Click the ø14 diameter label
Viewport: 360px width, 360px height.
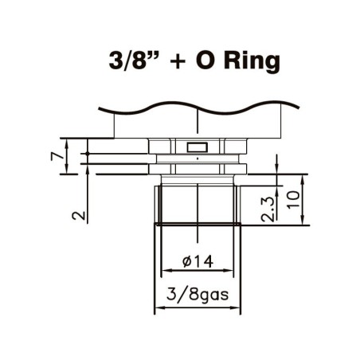coord(197,260)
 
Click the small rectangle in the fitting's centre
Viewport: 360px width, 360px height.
coord(196,147)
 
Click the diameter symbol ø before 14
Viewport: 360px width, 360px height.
coord(185,260)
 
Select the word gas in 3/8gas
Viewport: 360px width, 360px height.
coord(213,296)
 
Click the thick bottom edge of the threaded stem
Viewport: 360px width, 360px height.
coord(197,225)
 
